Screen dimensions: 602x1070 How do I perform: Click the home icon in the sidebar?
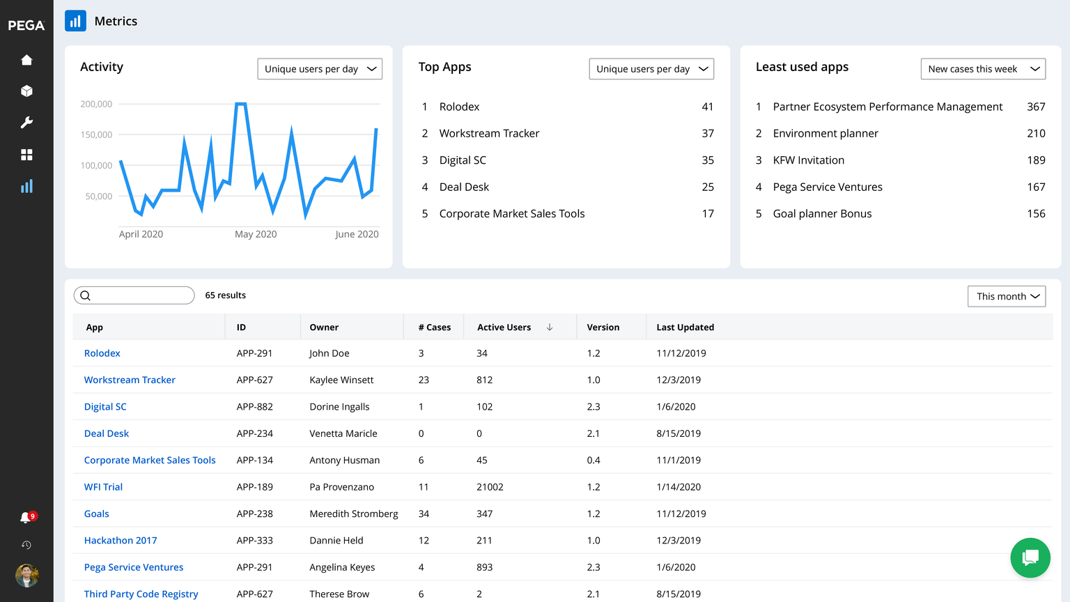coord(26,60)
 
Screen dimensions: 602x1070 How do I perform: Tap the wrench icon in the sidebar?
coord(26,123)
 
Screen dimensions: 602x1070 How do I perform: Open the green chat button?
coord(1030,557)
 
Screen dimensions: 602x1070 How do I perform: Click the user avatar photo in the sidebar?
coord(26,576)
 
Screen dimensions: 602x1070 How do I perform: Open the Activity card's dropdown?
coord(320,69)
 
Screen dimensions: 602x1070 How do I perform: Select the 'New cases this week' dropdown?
coord(983,69)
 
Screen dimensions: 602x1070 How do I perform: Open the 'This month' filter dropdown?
coord(1007,296)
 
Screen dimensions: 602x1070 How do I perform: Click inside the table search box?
coord(139,295)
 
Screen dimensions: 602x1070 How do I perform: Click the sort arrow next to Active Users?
coord(550,327)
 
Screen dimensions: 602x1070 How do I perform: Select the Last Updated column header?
coord(685,327)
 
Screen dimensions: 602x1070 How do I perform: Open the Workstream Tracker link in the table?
coord(130,380)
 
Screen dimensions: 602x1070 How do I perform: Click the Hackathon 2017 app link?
coord(121,541)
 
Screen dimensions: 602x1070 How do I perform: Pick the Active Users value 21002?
coord(490,487)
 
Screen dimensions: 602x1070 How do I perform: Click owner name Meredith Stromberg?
coord(354,514)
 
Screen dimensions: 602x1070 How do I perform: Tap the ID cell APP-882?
coord(255,407)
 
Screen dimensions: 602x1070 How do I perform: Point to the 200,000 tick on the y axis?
coord(96,104)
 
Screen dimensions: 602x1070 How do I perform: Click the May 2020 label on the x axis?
coord(256,234)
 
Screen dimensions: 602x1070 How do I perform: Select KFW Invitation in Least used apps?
coord(809,160)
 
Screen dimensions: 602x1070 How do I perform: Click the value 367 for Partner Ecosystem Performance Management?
coord(1036,107)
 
